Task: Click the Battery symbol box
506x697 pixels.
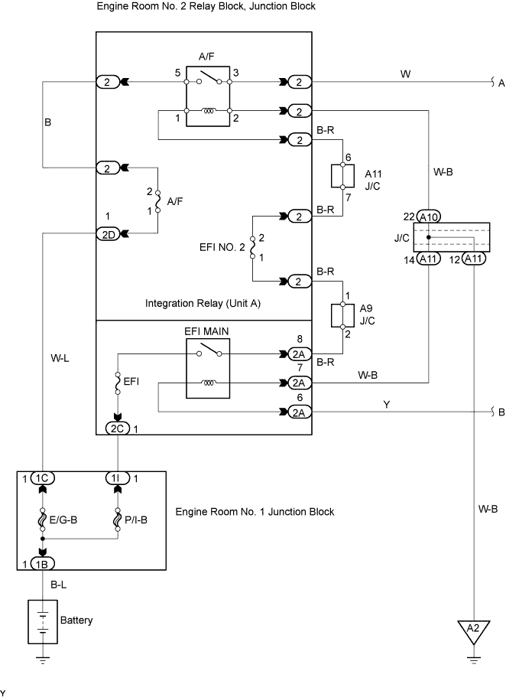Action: pyautogui.click(x=43, y=621)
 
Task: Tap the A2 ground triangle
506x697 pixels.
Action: pyautogui.click(x=474, y=631)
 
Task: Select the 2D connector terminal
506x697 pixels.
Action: pyautogui.click(x=109, y=234)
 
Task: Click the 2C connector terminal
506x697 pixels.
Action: pyautogui.click(x=117, y=428)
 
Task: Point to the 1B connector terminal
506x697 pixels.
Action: pyautogui.click(x=42, y=564)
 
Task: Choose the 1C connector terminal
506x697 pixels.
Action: pyautogui.click(x=42, y=478)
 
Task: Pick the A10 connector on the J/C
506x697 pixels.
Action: pyautogui.click(x=429, y=217)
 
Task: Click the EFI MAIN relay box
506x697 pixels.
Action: pyautogui.click(x=208, y=369)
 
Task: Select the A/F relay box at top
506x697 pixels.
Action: pyautogui.click(x=208, y=96)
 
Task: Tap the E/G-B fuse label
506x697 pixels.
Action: pyautogui.click(x=63, y=519)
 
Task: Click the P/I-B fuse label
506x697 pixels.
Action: pyautogui.click(x=136, y=519)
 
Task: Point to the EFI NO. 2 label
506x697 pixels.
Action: pyautogui.click(x=222, y=247)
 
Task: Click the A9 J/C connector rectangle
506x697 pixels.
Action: pyautogui.click(x=342, y=316)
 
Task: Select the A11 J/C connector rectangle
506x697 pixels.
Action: pyautogui.click(x=342, y=175)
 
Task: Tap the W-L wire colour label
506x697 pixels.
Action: pyautogui.click(x=60, y=358)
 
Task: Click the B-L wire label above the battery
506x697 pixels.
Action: pyautogui.click(x=58, y=585)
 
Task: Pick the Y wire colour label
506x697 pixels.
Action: pyautogui.click(x=387, y=405)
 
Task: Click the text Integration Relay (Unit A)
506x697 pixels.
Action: pyautogui.click(x=203, y=303)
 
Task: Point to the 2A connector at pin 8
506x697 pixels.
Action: pyautogui.click(x=300, y=353)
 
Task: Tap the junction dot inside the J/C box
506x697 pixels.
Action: pyautogui.click(x=429, y=237)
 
